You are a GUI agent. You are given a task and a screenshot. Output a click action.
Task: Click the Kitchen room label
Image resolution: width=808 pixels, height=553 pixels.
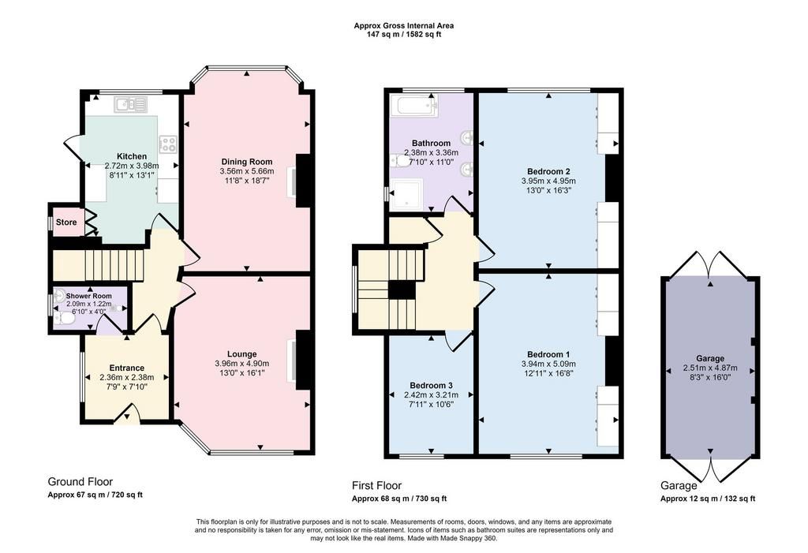coord(132,156)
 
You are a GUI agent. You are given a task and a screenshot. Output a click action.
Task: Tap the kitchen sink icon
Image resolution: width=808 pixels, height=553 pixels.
coord(131,105)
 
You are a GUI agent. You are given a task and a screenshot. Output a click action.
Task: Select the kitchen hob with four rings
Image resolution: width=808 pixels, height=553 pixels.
coord(169,144)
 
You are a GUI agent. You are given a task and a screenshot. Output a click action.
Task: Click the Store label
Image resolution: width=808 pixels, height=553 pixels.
coord(66,222)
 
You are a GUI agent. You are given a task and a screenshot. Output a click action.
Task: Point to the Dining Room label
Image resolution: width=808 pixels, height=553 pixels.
coord(247,161)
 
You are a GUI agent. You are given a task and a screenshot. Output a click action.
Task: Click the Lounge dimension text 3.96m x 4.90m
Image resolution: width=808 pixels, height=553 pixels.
coord(241,364)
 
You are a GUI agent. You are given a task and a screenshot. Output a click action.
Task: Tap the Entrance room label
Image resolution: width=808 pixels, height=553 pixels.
coord(127,368)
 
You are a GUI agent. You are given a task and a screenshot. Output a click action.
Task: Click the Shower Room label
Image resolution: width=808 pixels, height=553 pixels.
coord(88,296)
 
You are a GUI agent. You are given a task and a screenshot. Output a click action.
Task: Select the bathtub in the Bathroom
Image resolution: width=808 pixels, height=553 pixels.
coord(414,106)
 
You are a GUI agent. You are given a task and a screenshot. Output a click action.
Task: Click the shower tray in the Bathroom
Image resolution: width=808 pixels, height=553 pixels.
coord(406,195)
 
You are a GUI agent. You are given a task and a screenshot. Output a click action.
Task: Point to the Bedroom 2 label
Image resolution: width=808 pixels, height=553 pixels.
coord(548,171)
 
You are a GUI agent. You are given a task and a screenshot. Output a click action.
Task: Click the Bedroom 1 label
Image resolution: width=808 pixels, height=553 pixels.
coord(548,354)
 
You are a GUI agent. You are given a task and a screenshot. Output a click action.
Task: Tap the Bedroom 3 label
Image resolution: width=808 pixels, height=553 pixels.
coord(432,386)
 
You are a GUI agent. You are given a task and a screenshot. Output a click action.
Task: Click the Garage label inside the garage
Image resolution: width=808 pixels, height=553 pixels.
coord(710,358)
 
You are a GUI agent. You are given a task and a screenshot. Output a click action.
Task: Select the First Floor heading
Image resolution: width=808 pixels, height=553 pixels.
coord(376,485)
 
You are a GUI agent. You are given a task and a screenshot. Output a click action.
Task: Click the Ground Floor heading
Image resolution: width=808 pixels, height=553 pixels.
coord(80,481)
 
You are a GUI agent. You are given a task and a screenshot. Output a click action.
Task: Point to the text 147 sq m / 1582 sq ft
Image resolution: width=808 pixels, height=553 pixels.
coord(404,35)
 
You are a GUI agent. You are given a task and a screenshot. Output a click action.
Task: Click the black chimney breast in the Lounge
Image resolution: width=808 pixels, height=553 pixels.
coord(305,360)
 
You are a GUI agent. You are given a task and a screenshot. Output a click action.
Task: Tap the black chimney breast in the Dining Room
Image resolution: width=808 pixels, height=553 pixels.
coord(305,181)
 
